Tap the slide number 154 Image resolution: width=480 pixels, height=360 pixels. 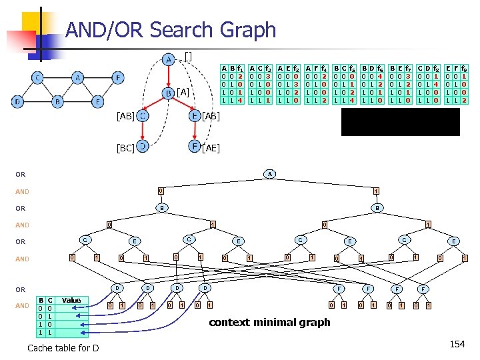click(457, 344)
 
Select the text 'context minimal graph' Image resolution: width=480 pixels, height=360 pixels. click(269, 323)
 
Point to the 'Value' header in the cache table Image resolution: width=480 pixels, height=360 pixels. click(71, 300)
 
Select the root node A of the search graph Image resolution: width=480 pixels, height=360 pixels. click(270, 174)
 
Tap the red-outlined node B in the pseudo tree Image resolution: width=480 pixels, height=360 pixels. click(169, 92)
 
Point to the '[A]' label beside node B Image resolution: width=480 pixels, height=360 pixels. click(183, 92)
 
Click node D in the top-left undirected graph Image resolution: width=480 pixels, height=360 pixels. click(18, 102)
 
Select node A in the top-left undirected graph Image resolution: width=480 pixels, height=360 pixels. click(78, 78)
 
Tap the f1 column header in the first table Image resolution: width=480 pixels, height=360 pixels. click(239, 67)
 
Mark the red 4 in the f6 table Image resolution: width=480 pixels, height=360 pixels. click(379, 76)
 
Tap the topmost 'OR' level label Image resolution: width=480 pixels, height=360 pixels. click(21, 175)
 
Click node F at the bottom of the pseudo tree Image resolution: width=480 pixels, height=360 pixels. click(195, 145)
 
